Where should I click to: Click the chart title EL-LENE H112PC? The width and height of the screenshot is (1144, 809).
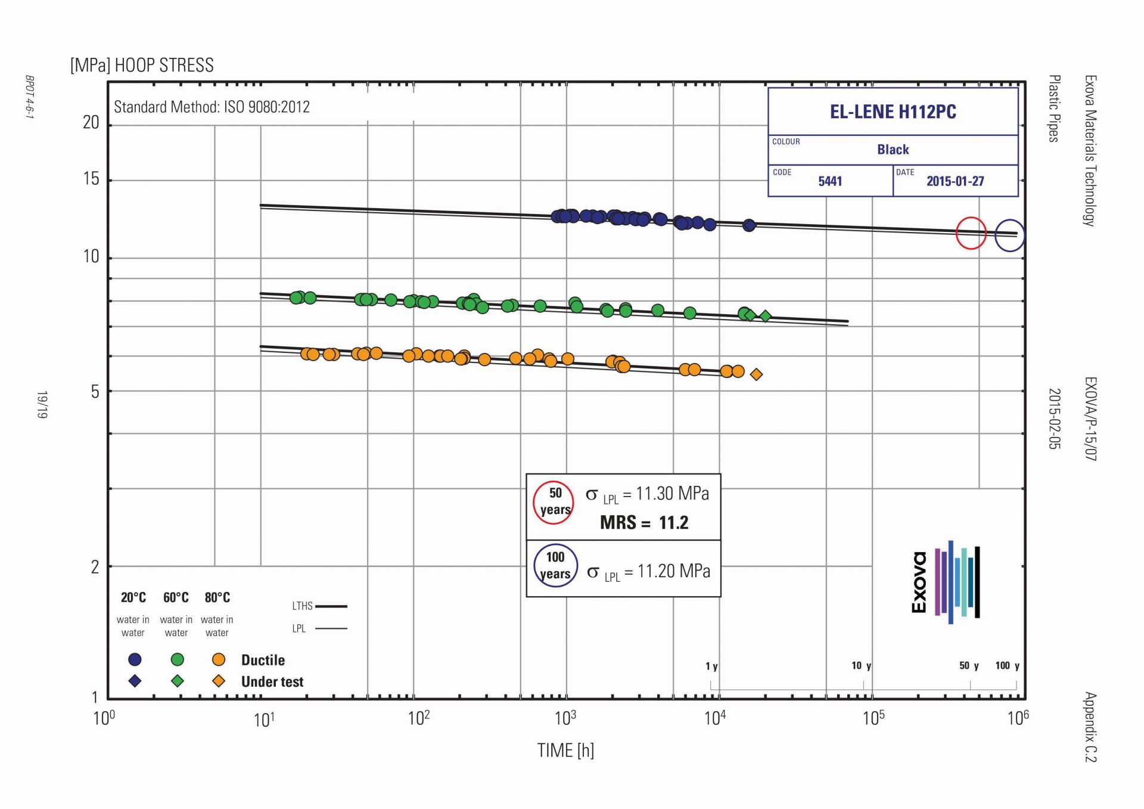tap(893, 112)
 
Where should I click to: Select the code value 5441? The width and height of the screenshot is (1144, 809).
tap(830, 181)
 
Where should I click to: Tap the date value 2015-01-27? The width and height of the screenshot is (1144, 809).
tap(955, 181)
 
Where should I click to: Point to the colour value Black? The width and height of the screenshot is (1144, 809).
tap(893, 150)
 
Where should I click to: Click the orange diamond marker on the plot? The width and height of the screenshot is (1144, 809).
tap(756, 374)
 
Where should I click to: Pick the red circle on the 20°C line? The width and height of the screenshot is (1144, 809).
tap(971, 233)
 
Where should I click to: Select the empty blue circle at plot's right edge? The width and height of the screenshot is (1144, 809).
tap(1009, 235)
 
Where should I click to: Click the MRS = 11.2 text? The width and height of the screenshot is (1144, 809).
tap(644, 523)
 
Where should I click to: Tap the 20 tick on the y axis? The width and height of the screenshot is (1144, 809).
tap(91, 123)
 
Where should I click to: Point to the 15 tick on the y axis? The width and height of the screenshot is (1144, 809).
tap(91, 179)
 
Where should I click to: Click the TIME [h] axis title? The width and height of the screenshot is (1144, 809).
tap(565, 751)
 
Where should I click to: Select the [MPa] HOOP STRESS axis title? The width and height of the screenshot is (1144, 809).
tap(142, 65)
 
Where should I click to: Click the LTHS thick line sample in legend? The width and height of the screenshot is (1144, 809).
tap(331, 606)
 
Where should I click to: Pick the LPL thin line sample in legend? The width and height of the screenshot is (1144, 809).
tap(331, 628)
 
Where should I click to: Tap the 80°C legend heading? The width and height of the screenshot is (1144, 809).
tap(217, 597)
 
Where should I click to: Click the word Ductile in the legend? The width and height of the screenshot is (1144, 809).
tap(263, 660)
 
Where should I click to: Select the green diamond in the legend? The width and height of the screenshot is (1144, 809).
tap(177, 681)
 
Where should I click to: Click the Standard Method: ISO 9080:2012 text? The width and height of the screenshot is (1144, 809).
tap(212, 107)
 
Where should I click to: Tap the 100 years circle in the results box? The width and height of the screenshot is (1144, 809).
tap(555, 565)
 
